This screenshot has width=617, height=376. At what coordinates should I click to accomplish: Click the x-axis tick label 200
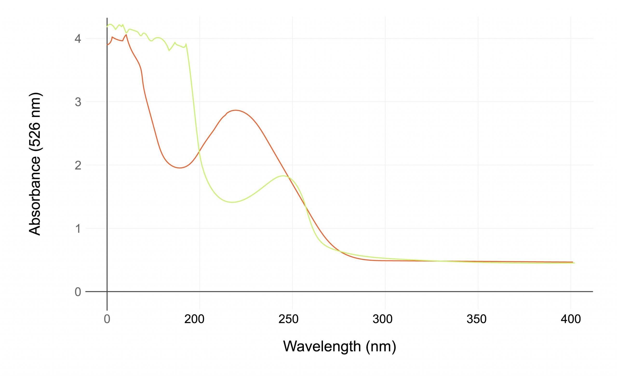[194, 319]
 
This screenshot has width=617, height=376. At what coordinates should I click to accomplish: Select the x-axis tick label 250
[288, 319]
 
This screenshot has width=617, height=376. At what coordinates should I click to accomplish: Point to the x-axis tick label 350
[476, 319]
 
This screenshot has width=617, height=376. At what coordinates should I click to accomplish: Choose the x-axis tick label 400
[571, 319]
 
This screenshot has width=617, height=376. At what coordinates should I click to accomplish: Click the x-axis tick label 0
[107, 319]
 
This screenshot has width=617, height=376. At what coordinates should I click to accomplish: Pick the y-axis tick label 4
[78, 39]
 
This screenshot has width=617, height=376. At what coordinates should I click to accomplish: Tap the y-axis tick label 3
[78, 102]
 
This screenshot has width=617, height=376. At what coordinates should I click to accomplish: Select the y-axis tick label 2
[78, 165]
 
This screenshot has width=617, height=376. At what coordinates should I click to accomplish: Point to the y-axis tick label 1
[78, 229]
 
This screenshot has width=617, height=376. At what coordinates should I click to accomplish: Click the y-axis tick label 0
[78, 292]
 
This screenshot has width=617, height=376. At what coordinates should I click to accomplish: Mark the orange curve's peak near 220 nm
[236, 110]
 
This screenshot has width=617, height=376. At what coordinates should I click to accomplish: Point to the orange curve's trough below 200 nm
[180, 168]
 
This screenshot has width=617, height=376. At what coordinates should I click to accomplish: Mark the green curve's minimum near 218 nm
[232, 202]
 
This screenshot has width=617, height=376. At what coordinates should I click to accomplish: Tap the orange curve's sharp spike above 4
[127, 35]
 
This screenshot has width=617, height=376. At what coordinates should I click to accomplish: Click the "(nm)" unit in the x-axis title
[381, 346]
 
